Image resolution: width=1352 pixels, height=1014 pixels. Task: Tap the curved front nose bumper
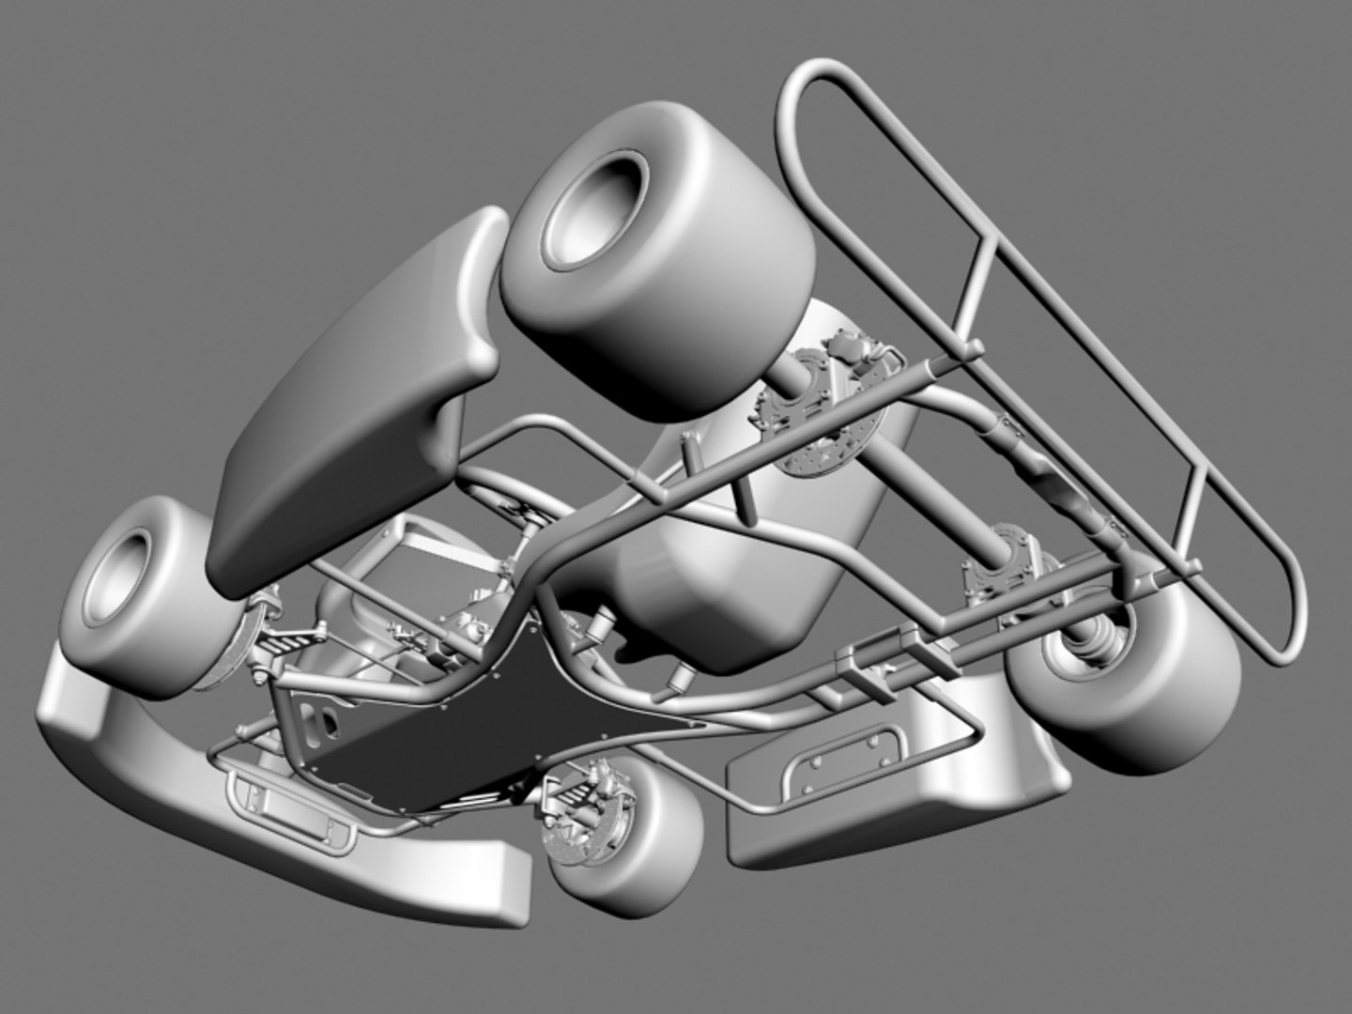282,826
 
